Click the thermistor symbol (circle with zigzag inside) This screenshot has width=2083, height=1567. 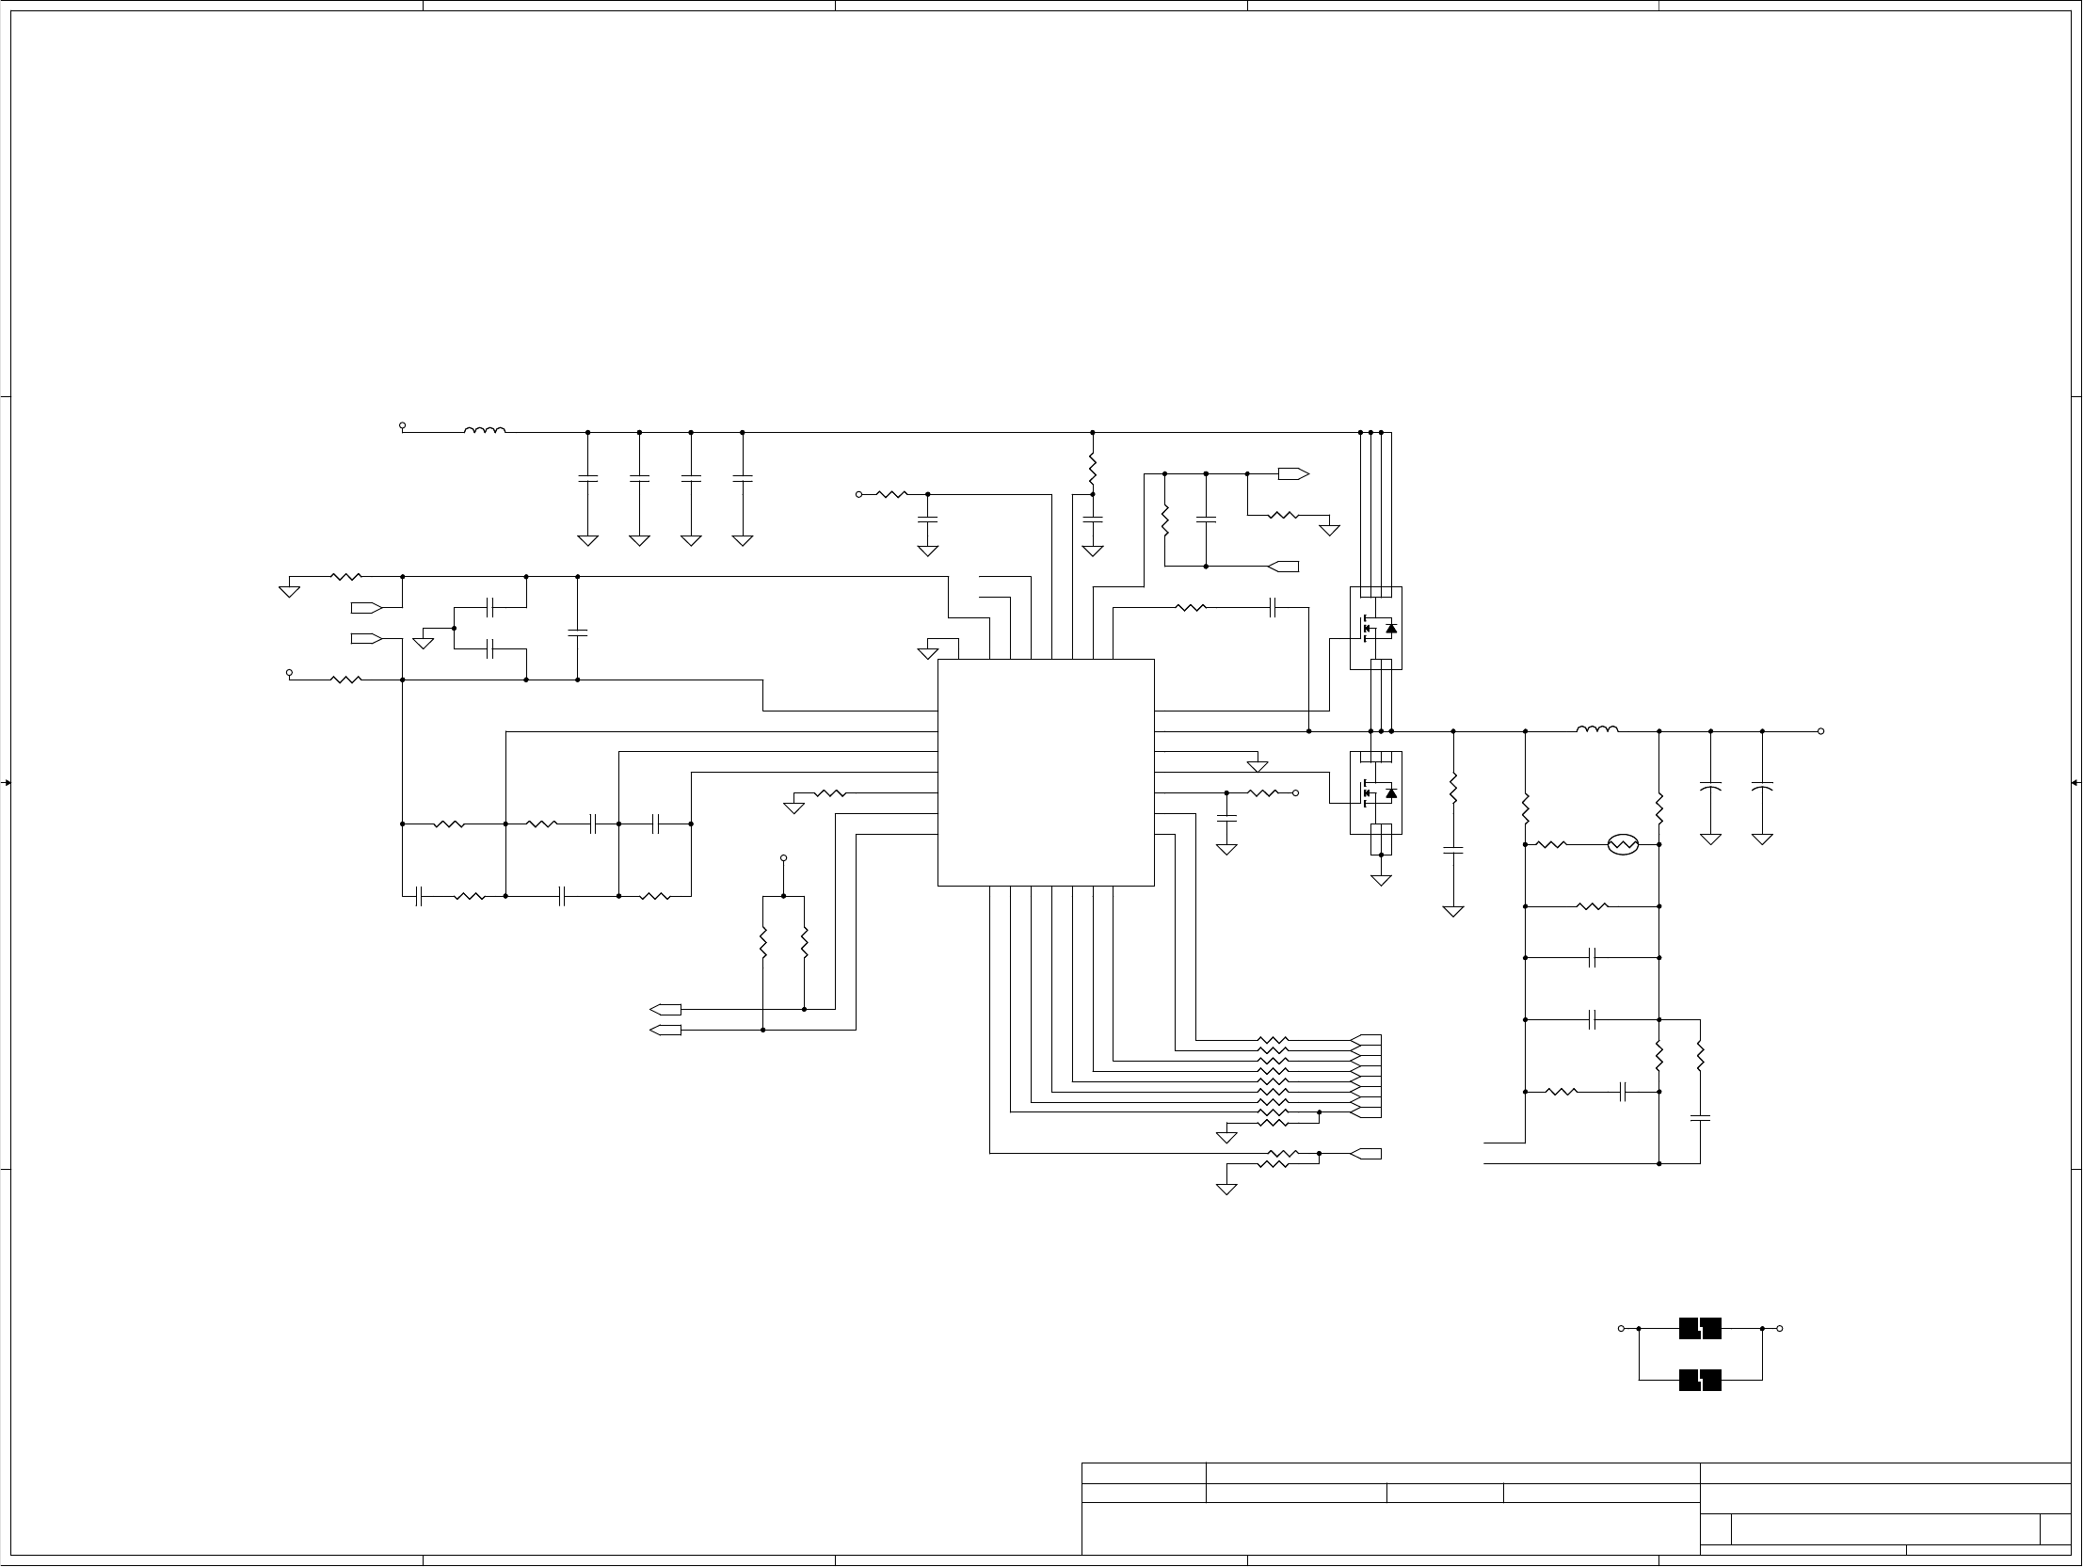tap(1623, 845)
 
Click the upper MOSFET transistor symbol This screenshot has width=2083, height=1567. tap(1376, 628)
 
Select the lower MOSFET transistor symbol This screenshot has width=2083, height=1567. tap(1376, 793)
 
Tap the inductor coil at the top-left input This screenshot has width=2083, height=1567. tap(484, 431)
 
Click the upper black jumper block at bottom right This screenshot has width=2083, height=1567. tap(1700, 1329)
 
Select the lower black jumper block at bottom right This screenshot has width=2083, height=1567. tap(1700, 1381)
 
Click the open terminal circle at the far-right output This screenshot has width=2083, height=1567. tap(1820, 731)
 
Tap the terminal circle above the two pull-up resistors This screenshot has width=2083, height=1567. tap(783, 858)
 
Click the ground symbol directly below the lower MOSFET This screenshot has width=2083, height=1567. tap(1381, 881)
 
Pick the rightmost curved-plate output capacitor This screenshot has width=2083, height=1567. tap(1762, 786)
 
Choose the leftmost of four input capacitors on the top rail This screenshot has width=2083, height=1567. tap(587, 479)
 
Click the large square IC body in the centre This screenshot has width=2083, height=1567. tap(1046, 772)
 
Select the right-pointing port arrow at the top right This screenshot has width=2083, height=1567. tap(1293, 473)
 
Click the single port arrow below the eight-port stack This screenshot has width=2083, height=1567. tap(1366, 1154)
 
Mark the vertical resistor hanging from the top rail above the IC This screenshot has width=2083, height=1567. tap(1093, 467)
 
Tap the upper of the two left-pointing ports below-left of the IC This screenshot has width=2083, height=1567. tap(665, 1010)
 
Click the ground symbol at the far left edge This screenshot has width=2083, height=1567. tap(289, 591)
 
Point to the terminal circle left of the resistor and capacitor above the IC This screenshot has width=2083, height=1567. tap(858, 494)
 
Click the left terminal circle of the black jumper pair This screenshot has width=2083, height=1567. tap(1621, 1329)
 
